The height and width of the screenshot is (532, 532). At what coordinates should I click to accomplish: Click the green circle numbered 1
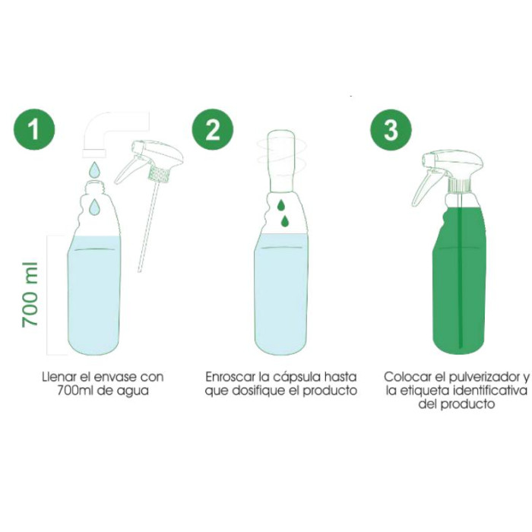[34, 129]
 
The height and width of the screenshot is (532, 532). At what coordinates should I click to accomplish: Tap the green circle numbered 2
[212, 129]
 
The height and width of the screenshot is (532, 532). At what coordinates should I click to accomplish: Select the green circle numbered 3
[391, 130]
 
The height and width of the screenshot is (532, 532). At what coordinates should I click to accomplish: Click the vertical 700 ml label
[30, 295]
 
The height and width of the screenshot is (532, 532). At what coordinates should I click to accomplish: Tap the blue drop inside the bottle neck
[94, 207]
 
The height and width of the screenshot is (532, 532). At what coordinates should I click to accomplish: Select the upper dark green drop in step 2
[281, 205]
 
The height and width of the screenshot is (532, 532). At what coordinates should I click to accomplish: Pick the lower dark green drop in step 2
[285, 221]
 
